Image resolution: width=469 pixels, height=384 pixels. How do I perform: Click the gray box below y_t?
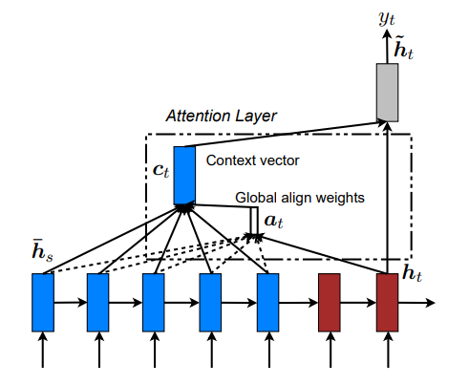[x=387, y=92]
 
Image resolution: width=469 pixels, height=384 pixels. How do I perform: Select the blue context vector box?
[x=184, y=175]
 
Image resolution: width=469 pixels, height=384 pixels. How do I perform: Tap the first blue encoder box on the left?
[x=43, y=301]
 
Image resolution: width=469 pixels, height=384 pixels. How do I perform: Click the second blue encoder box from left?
[x=98, y=301]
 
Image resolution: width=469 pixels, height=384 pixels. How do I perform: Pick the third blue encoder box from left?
[x=154, y=301]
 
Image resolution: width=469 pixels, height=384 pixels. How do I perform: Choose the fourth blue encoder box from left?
[x=211, y=301]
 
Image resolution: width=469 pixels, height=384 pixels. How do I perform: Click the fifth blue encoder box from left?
[x=268, y=301]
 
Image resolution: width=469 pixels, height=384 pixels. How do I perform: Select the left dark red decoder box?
[x=329, y=301]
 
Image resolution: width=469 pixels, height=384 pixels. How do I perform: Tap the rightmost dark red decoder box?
[x=387, y=301]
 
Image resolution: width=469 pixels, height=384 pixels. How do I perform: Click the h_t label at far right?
[x=414, y=274]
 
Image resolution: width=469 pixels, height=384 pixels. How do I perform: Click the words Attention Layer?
[x=221, y=116]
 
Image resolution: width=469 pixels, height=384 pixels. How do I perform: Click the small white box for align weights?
[x=253, y=221]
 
